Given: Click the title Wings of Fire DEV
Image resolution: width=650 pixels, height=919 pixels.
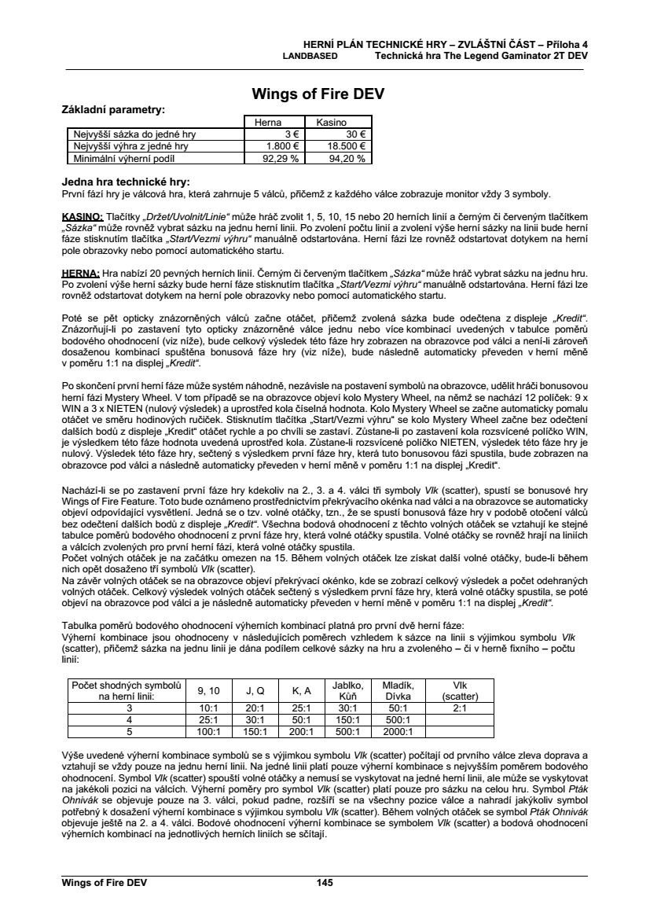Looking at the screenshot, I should (x=318, y=94).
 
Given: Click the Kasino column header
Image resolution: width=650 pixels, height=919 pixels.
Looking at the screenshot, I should (x=332, y=123).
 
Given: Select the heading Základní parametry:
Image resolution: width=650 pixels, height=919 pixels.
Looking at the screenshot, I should (x=113, y=110).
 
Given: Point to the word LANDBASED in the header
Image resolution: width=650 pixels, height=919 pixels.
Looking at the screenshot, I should (x=310, y=57).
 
